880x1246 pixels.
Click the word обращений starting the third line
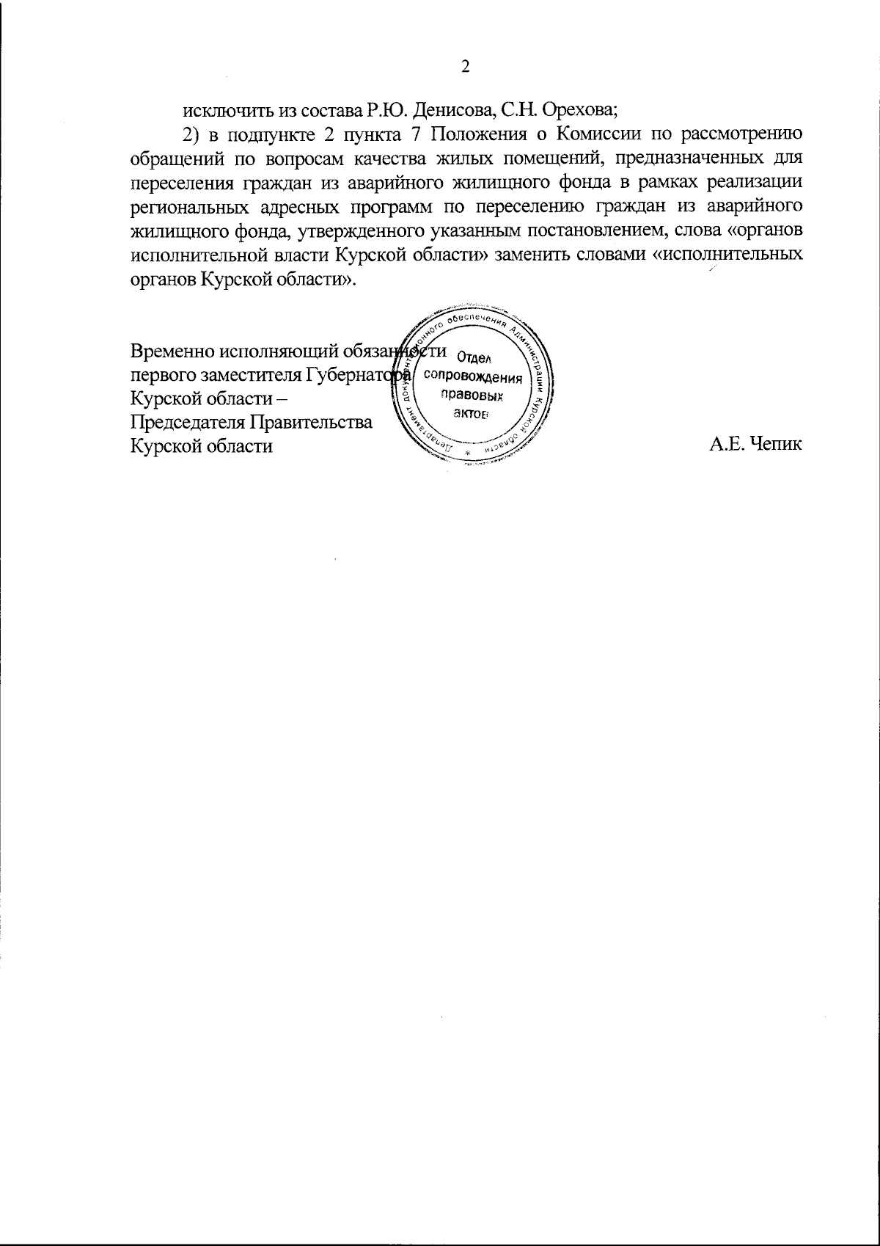[x=170, y=159]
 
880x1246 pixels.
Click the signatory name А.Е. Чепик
[x=756, y=445]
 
